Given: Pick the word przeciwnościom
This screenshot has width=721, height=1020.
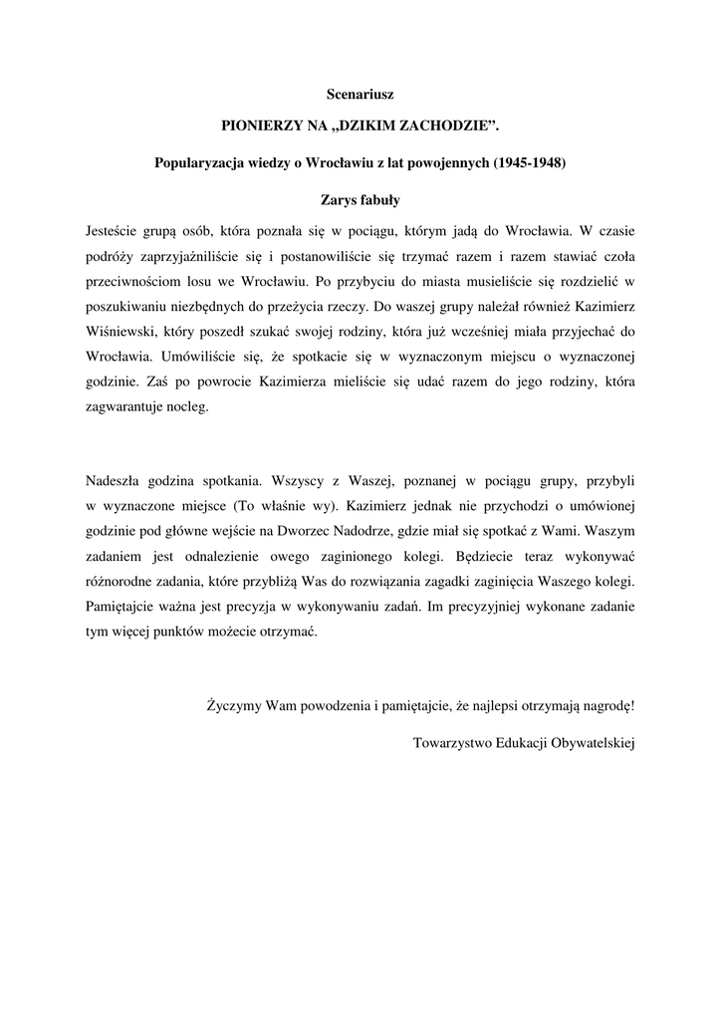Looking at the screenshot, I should (133, 281).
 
